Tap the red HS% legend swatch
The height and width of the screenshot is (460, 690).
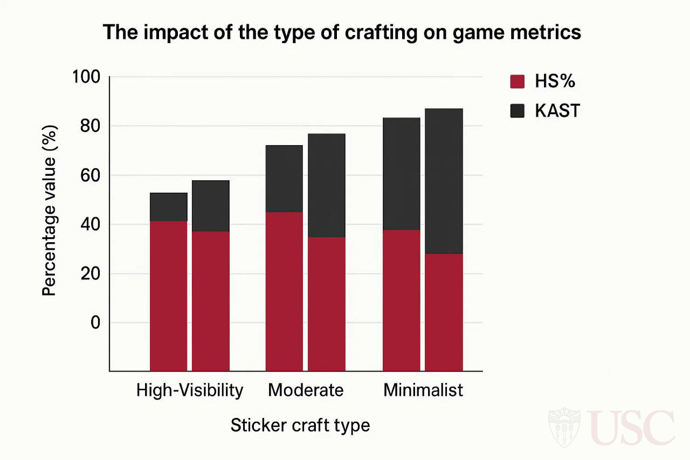(x=517, y=81)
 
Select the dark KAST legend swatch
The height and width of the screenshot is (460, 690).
(x=517, y=111)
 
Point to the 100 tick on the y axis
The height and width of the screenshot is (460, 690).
(x=86, y=78)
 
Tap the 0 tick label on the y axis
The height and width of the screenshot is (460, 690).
(x=95, y=322)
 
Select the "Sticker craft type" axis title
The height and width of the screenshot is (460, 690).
(x=300, y=425)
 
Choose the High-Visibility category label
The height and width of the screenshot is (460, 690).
(x=190, y=390)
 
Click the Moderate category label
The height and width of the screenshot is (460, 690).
(x=306, y=390)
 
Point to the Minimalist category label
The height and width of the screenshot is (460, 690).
(x=423, y=390)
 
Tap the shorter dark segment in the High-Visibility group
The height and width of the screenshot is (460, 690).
(x=169, y=207)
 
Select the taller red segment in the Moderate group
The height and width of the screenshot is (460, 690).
(x=284, y=291)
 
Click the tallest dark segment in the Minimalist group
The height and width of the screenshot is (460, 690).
(x=444, y=181)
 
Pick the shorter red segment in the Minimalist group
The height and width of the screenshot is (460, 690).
(x=444, y=312)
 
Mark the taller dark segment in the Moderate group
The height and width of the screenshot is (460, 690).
(x=326, y=185)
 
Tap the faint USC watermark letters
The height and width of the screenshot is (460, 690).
(x=631, y=428)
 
